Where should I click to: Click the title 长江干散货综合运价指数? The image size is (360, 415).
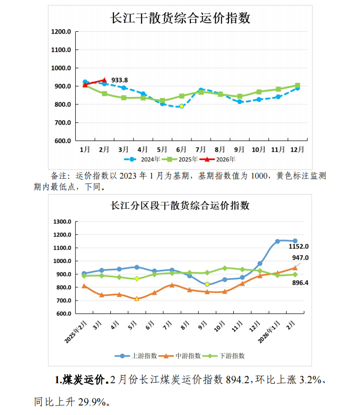[x=180, y=18]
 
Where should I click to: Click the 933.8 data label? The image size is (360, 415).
[x=119, y=80]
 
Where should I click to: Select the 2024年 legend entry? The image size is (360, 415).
[x=140, y=158]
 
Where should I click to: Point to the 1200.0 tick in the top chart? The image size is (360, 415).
[x=62, y=32]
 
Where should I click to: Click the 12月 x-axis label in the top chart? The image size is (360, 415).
[x=297, y=149]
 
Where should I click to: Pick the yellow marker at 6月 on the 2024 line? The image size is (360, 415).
[x=181, y=106]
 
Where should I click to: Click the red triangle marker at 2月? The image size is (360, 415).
[x=104, y=80]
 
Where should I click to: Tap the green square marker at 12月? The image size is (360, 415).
[x=297, y=85]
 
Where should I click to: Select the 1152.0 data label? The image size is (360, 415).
[x=298, y=246]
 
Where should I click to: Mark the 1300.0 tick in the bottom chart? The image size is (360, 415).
[x=62, y=222]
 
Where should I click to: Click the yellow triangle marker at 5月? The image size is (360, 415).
[x=137, y=299]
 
